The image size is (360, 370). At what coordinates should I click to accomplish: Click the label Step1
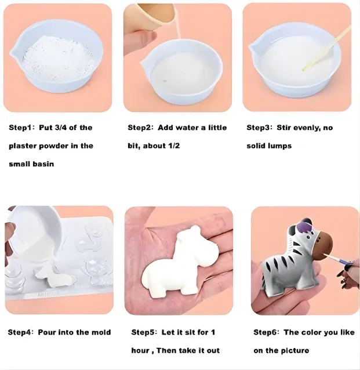(x=21, y=128)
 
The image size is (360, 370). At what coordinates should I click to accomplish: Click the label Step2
(x=140, y=128)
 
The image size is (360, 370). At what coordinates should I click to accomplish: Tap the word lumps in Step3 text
(x=279, y=146)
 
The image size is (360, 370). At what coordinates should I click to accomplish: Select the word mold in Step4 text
(x=101, y=332)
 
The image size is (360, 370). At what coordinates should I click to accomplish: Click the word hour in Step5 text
(x=141, y=350)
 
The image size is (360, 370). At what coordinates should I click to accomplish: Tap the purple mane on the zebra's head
(x=304, y=223)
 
